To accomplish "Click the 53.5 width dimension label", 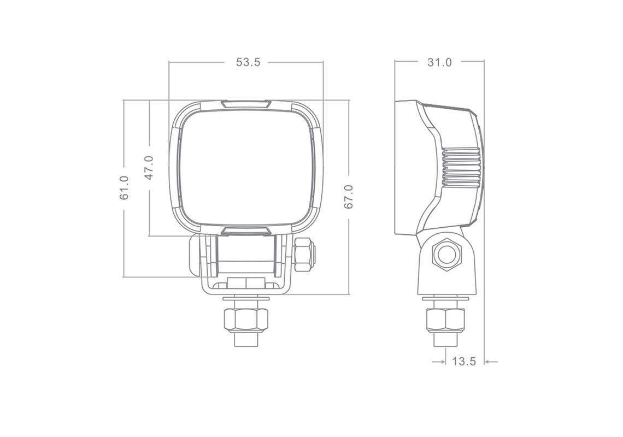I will (x=248, y=62).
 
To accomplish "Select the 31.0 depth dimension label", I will (x=439, y=62).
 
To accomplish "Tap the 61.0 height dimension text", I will (x=125, y=187).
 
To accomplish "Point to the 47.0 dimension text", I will (x=149, y=168).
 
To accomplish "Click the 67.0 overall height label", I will (x=349, y=197).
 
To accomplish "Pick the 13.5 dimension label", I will (x=464, y=362).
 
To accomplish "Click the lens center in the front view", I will (x=246, y=167).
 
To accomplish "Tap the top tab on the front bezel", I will (x=246, y=104).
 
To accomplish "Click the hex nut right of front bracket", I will (x=304, y=255).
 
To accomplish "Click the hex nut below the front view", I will (x=246, y=320).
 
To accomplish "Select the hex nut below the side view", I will (x=445, y=320).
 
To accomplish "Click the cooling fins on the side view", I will (x=462, y=168).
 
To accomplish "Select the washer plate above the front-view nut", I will (x=246, y=299).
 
